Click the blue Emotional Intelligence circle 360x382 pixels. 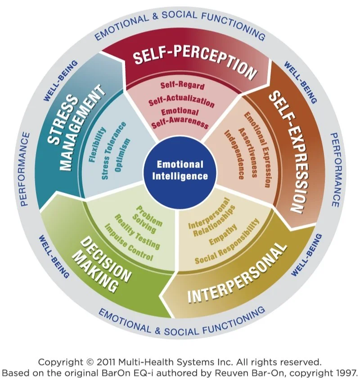coord(180,170)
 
